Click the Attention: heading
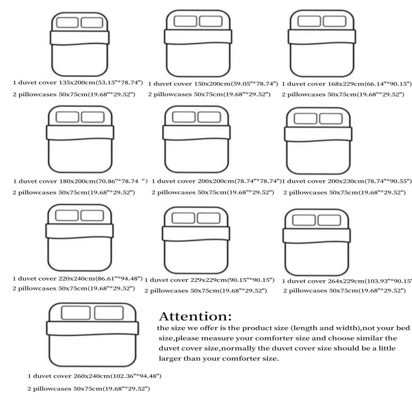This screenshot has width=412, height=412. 195,315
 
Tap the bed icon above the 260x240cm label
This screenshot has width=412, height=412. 93,335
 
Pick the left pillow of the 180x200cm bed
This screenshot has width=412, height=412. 66,116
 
